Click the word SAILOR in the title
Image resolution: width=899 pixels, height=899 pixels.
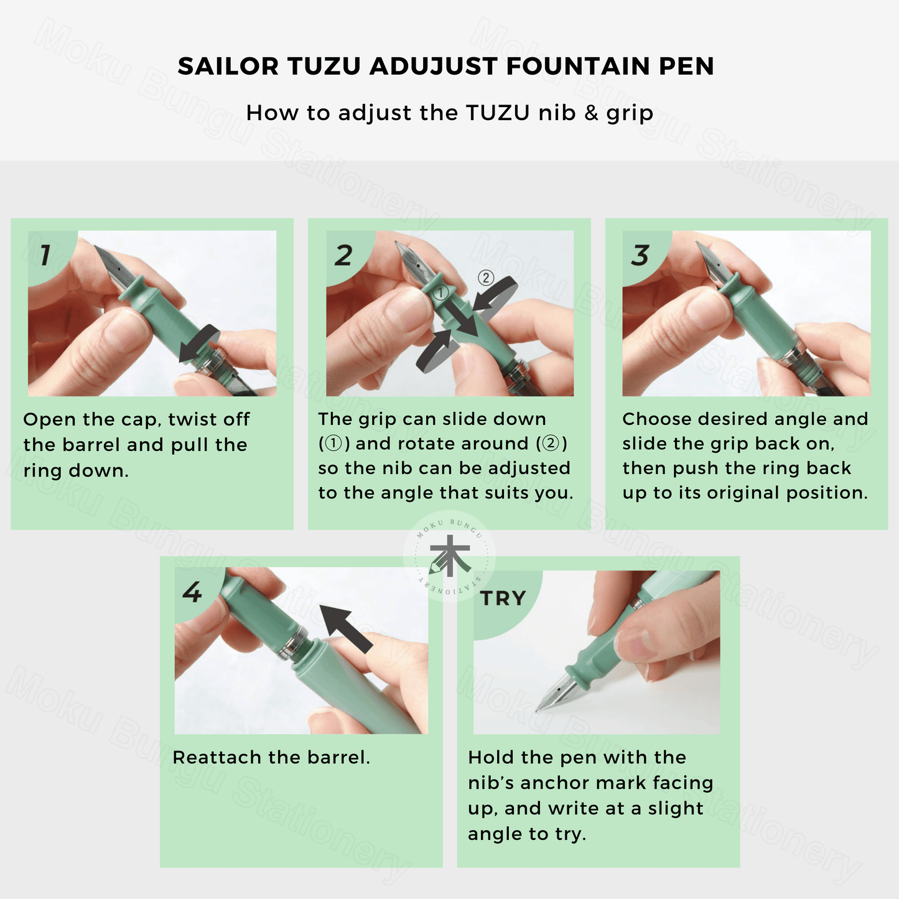[228, 66]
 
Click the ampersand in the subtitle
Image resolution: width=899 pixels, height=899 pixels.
[590, 113]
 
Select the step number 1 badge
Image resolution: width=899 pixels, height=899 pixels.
[45, 255]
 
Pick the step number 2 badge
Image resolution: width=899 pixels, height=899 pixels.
[344, 255]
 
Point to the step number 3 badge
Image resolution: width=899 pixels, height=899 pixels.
[640, 255]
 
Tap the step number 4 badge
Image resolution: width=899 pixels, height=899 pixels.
[192, 592]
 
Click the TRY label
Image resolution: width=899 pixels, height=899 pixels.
[503, 598]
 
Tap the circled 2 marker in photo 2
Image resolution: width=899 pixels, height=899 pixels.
[486, 278]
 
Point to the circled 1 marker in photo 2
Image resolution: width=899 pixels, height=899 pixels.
[440, 293]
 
